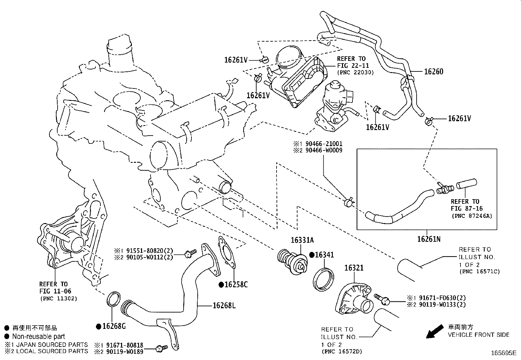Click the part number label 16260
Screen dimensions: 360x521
(x=434, y=71)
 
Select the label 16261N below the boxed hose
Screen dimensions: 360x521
(x=429, y=239)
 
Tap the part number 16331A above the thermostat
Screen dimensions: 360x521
(x=302, y=240)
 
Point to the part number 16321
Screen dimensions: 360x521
(x=354, y=268)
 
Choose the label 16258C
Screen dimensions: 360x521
(x=236, y=284)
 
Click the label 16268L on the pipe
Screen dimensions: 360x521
(x=224, y=306)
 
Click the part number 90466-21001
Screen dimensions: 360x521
(x=324, y=144)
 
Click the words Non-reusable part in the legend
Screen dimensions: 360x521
(x=39, y=336)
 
